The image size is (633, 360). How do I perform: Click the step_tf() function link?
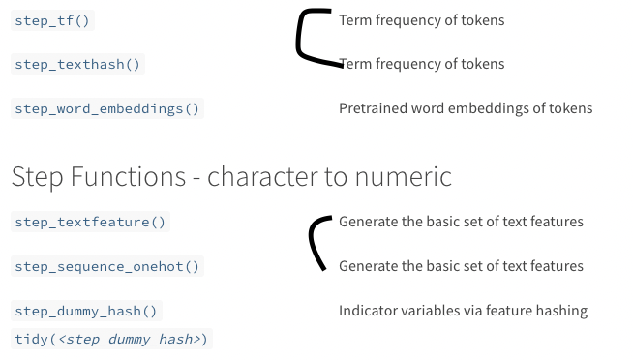coord(54,20)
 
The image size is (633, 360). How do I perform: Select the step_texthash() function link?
coord(77,65)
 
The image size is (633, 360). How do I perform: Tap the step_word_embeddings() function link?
coord(107,109)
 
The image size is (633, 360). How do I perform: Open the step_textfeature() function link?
coord(91,223)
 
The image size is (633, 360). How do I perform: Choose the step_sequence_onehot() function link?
coord(107,267)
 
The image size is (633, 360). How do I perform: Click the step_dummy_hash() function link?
coord(86,312)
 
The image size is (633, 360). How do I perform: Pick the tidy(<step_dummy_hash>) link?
coord(111,339)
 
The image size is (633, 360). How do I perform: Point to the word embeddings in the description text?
coord(491,109)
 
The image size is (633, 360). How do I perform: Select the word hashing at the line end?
coord(562,312)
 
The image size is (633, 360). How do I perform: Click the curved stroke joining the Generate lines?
coord(312,242)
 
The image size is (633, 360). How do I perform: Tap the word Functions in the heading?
coord(123,176)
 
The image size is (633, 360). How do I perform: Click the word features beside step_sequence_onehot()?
coord(556,266)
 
